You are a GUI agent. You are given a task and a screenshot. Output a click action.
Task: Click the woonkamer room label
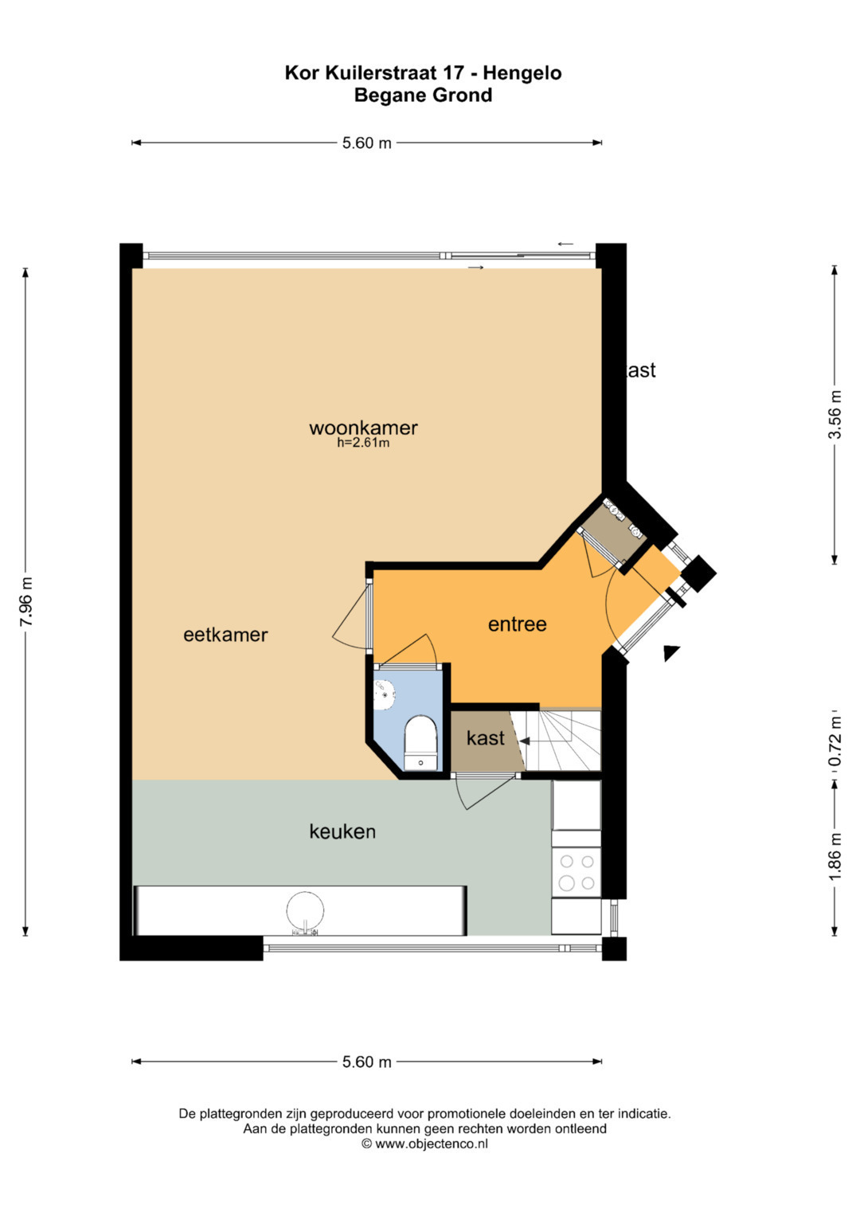pyautogui.click(x=363, y=428)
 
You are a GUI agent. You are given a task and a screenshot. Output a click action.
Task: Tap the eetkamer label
pyautogui.click(x=225, y=635)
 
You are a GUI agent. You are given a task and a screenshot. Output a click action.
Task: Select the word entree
pyautogui.click(x=517, y=624)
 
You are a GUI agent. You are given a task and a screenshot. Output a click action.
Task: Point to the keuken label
pyautogui.click(x=342, y=831)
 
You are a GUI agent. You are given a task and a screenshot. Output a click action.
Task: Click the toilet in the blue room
pyautogui.click(x=420, y=743)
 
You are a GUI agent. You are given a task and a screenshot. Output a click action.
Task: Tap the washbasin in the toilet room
pyautogui.click(x=385, y=695)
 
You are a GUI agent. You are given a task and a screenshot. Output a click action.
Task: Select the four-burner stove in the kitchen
pyautogui.click(x=576, y=871)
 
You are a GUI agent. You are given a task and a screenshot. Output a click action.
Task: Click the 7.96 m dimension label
pyautogui.click(x=26, y=602)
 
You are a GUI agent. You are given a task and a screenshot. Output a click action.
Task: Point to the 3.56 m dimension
pyautogui.click(x=835, y=415)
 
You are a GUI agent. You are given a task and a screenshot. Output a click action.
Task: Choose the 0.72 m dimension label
pyautogui.click(x=835, y=741)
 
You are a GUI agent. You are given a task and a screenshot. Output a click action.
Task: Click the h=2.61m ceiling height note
pyautogui.click(x=363, y=443)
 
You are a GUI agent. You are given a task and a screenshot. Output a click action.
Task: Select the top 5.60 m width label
pyautogui.click(x=366, y=143)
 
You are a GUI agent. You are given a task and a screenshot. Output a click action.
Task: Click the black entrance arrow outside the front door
pyautogui.click(x=671, y=652)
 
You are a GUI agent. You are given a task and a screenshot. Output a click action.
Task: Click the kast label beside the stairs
pyautogui.click(x=486, y=738)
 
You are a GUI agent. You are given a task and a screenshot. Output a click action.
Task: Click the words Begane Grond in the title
pyautogui.click(x=423, y=95)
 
